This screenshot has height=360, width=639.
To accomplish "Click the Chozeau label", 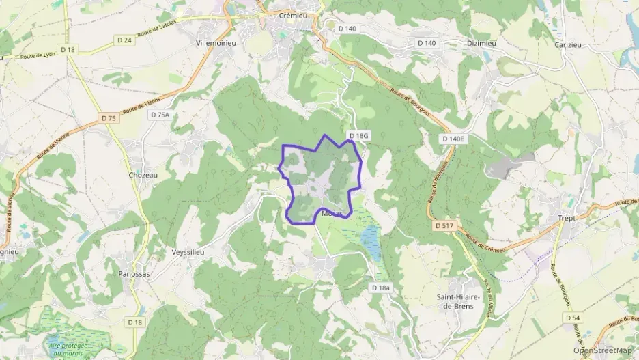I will (x=143, y=175).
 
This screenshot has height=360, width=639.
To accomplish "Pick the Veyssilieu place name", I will (x=188, y=252).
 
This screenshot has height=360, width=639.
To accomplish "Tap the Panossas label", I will (x=128, y=273).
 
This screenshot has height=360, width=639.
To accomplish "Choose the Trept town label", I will (x=567, y=218).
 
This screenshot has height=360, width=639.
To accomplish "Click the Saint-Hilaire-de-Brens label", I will (x=459, y=301).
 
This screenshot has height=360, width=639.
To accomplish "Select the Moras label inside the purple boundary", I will (x=332, y=214).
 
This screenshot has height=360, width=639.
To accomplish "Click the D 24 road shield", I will (x=124, y=40).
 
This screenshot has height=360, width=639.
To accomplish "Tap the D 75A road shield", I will (x=158, y=115).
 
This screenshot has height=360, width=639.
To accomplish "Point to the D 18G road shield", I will (x=358, y=136).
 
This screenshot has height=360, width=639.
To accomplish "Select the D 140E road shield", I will (x=453, y=139).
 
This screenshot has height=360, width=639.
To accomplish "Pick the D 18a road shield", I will (x=382, y=288).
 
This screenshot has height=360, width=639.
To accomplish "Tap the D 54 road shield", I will (x=572, y=318).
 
